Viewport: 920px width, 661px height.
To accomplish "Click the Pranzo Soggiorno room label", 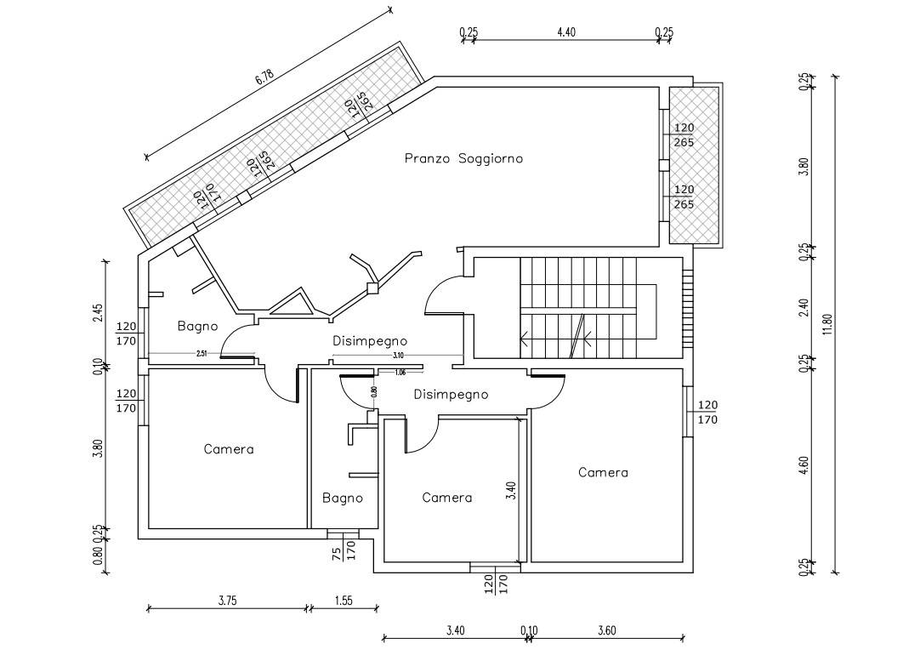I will pos(463,158).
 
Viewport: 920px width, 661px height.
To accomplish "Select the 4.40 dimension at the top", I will pos(566,32).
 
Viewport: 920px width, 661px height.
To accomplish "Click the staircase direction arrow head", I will pos(525,338).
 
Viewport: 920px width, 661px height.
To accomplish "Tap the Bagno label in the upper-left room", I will pos(197,326).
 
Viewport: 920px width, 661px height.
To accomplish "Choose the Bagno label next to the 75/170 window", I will pos(343,498).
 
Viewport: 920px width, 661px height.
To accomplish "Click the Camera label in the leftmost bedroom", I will pos(229,449).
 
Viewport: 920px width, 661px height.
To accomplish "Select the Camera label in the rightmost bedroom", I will pos(603,472).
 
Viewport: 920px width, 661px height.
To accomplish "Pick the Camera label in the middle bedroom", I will pos(446,498).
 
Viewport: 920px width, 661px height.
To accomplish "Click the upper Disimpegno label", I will pos(369,341).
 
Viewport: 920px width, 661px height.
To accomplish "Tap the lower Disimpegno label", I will pos(451,394).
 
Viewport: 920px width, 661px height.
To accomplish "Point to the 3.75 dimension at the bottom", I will pos(227,600).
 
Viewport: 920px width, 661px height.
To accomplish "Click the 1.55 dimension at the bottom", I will pos(344,600).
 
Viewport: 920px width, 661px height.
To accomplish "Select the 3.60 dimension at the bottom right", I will pos(606,630).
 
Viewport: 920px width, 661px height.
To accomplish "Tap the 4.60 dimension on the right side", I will pos(804,466).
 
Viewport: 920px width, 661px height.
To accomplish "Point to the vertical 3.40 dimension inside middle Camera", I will pos(510,492).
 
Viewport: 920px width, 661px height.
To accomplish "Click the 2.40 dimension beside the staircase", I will pos(804,307).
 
